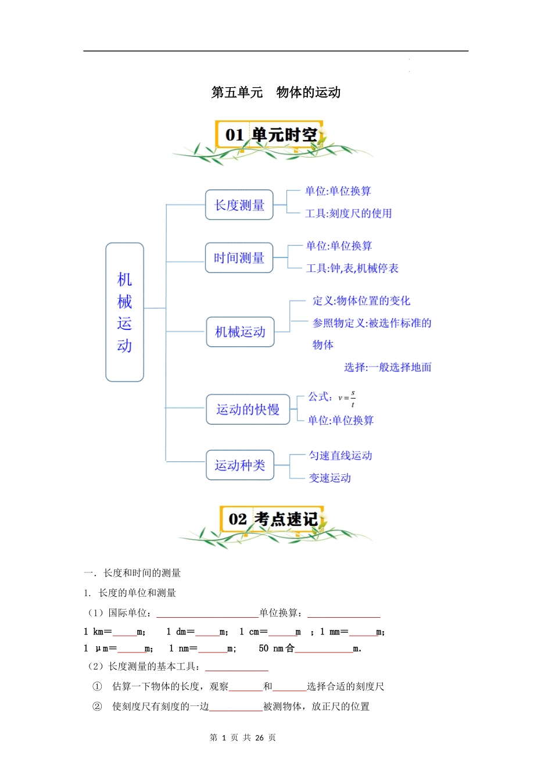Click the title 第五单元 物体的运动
(x=275, y=92)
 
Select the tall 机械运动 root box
(x=124, y=312)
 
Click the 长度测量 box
(x=239, y=205)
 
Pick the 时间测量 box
(x=239, y=258)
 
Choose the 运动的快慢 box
(x=248, y=410)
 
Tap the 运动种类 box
(x=239, y=465)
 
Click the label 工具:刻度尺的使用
(x=348, y=213)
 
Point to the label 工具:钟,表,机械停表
(x=352, y=268)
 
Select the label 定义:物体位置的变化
(x=361, y=300)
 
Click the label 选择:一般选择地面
(x=387, y=367)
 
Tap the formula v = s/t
(x=347, y=398)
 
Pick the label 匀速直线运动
(x=340, y=456)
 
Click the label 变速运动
(x=329, y=478)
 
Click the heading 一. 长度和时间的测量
(x=132, y=573)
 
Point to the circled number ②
(x=97, y=707)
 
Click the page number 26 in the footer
(x=259, y=738)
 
